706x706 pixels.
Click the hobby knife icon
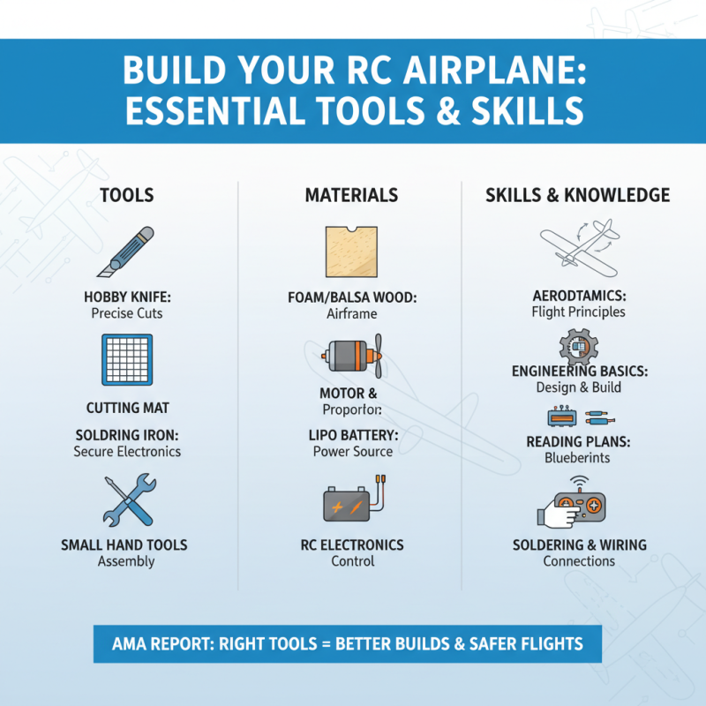126,252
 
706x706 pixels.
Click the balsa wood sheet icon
351,252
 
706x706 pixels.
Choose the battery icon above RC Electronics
350,504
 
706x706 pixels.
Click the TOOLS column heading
127,195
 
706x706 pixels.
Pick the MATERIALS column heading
351,195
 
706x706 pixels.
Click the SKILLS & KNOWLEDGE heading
577,195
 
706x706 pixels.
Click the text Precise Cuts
127,312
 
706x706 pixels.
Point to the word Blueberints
578,458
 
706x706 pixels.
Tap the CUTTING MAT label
127,409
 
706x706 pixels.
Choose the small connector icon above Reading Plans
577,416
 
